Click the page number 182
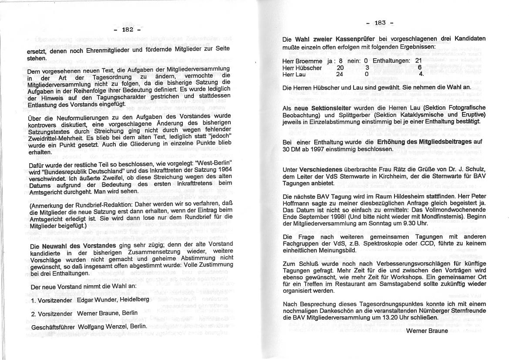127,30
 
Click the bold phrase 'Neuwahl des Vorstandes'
79,246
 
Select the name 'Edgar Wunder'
95,300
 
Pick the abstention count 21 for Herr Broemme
418,61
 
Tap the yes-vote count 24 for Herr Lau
340,74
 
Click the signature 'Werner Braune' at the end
427,331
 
